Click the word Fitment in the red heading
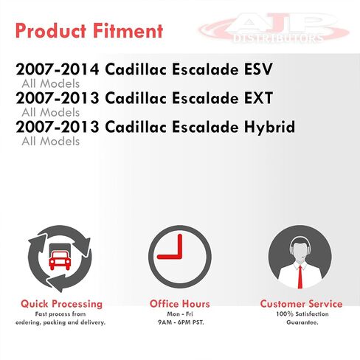point(128,31)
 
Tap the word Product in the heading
point(51,31)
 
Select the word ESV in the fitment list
point(258,69)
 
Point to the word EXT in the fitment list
point(258,98)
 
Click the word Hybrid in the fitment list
point(269,128)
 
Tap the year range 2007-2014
point(58,69)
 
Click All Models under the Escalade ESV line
point(51,83)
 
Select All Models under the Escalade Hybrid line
point(51,141)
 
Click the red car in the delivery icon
point(60,260)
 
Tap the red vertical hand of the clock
point(180,246)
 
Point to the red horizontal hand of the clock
point(170,257)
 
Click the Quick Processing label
point(61,304)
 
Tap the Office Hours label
point(180,304)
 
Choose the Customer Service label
point(301,304)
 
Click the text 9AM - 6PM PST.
point(181,322)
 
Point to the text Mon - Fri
point(180,314)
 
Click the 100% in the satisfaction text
point(285,314)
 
